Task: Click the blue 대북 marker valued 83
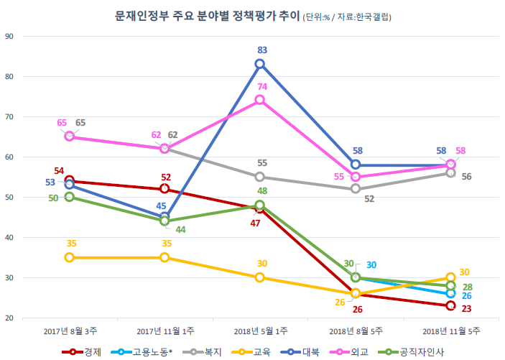260,64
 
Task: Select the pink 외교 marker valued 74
260,100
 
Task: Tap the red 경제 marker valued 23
450,305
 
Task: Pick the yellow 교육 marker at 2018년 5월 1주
260,277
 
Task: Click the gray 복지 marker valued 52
356,188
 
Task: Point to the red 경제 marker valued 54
69,180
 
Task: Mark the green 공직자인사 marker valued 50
69,197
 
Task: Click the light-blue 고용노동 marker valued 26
450,293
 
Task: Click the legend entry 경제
83,351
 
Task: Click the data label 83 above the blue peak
261,50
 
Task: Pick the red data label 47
254,223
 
